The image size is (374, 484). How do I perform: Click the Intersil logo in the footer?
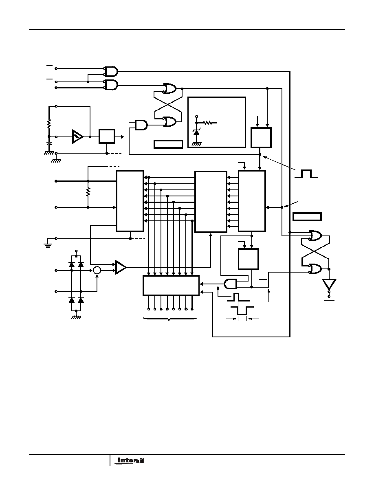131,461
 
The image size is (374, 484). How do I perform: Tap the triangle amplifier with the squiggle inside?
77,136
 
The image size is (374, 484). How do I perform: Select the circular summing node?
97,271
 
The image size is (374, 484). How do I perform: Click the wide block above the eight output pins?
171,286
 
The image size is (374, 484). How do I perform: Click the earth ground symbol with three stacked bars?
48,243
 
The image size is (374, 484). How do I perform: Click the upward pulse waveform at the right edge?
306,174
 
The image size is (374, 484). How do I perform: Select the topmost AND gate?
111,71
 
